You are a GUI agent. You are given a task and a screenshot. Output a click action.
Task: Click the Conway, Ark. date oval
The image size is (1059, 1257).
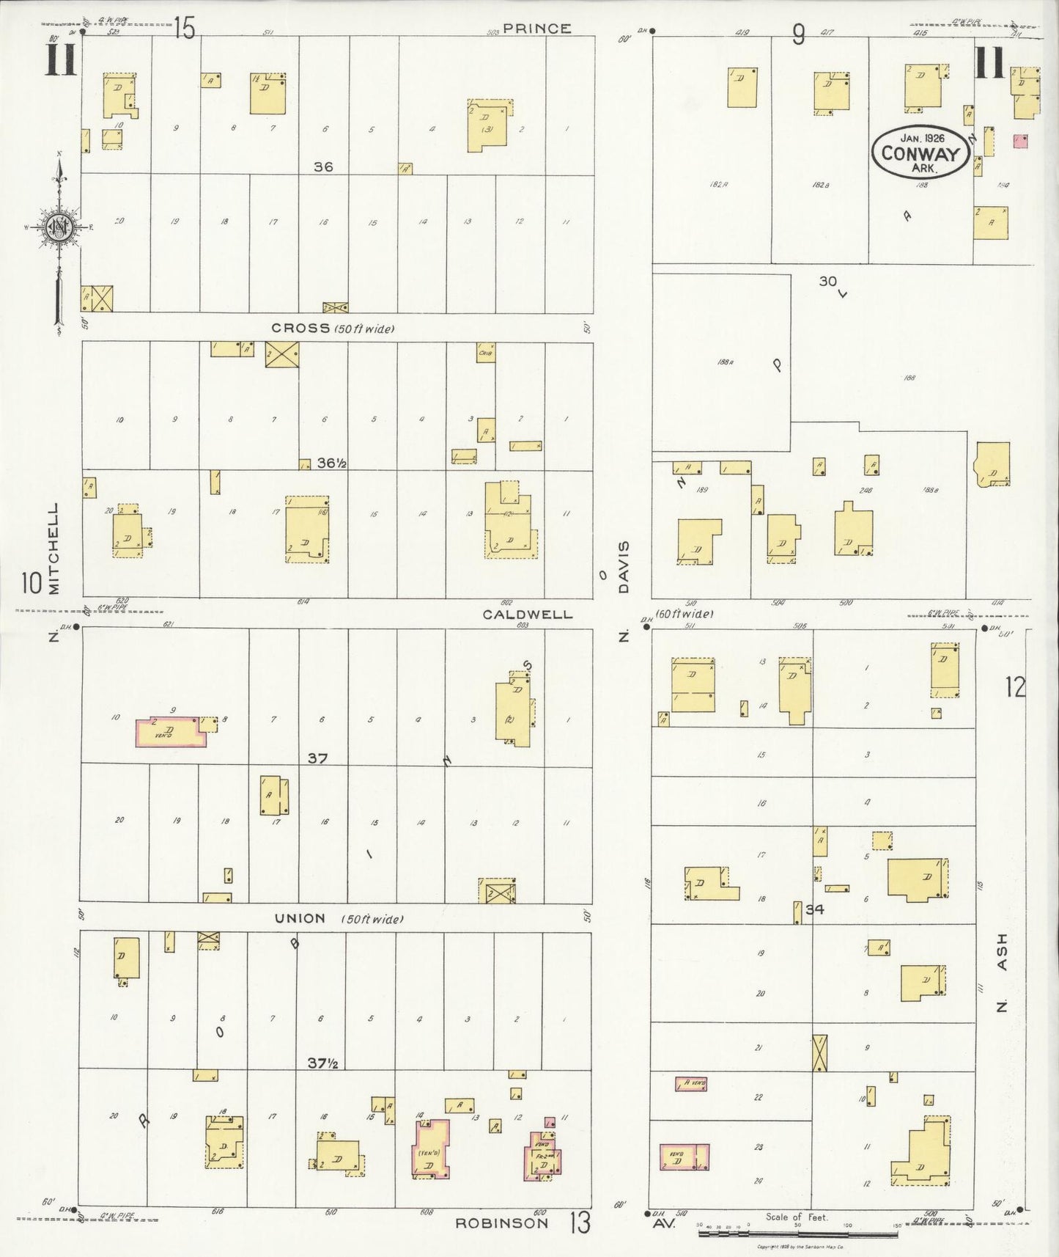920,152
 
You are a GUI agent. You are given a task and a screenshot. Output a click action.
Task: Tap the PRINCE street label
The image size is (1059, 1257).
536,29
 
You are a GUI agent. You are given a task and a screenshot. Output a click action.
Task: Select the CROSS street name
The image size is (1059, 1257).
300,328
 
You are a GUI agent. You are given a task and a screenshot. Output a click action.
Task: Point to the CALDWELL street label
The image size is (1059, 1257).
527,615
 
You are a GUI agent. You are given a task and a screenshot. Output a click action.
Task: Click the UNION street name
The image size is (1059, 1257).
300,918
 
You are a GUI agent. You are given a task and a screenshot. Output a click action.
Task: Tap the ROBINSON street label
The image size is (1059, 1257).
501,1223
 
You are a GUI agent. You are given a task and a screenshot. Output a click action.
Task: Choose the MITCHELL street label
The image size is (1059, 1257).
53,548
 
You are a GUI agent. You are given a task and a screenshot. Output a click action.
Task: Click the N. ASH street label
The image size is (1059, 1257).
1002,972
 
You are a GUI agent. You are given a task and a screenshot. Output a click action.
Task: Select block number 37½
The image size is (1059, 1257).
322,1063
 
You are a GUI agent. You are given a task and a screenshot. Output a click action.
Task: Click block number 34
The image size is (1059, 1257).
814,909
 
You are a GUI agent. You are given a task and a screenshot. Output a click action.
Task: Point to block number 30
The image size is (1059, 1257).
827,281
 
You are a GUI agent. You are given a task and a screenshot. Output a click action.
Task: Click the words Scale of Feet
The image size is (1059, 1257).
796,1217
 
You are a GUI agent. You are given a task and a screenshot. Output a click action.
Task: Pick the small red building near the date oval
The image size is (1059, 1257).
1019,141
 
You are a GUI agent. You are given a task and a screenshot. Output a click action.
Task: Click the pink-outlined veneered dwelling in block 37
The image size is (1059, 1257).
171,732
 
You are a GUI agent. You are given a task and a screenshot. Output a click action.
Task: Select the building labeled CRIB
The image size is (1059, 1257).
484,353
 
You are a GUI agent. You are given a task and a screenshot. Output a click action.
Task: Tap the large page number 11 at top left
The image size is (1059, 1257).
62,59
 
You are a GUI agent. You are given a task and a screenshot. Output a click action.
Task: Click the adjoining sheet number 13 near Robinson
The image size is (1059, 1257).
580,1222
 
